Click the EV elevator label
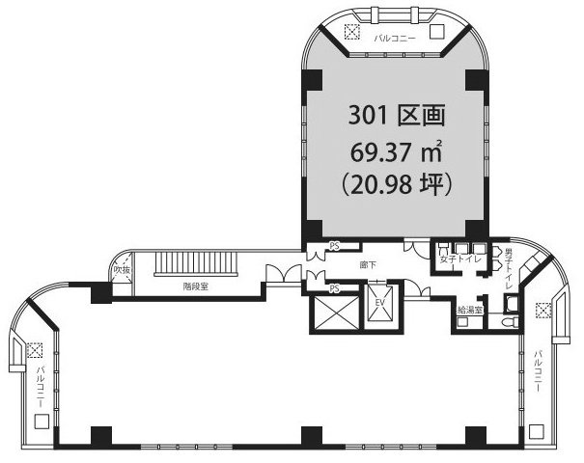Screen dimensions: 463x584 click(379, 303)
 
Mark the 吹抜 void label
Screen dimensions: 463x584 click(121, 270)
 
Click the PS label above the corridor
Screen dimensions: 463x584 click(336, 245)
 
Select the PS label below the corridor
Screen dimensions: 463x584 click(334, 288)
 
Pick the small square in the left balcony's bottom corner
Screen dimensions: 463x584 click(40, 422)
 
